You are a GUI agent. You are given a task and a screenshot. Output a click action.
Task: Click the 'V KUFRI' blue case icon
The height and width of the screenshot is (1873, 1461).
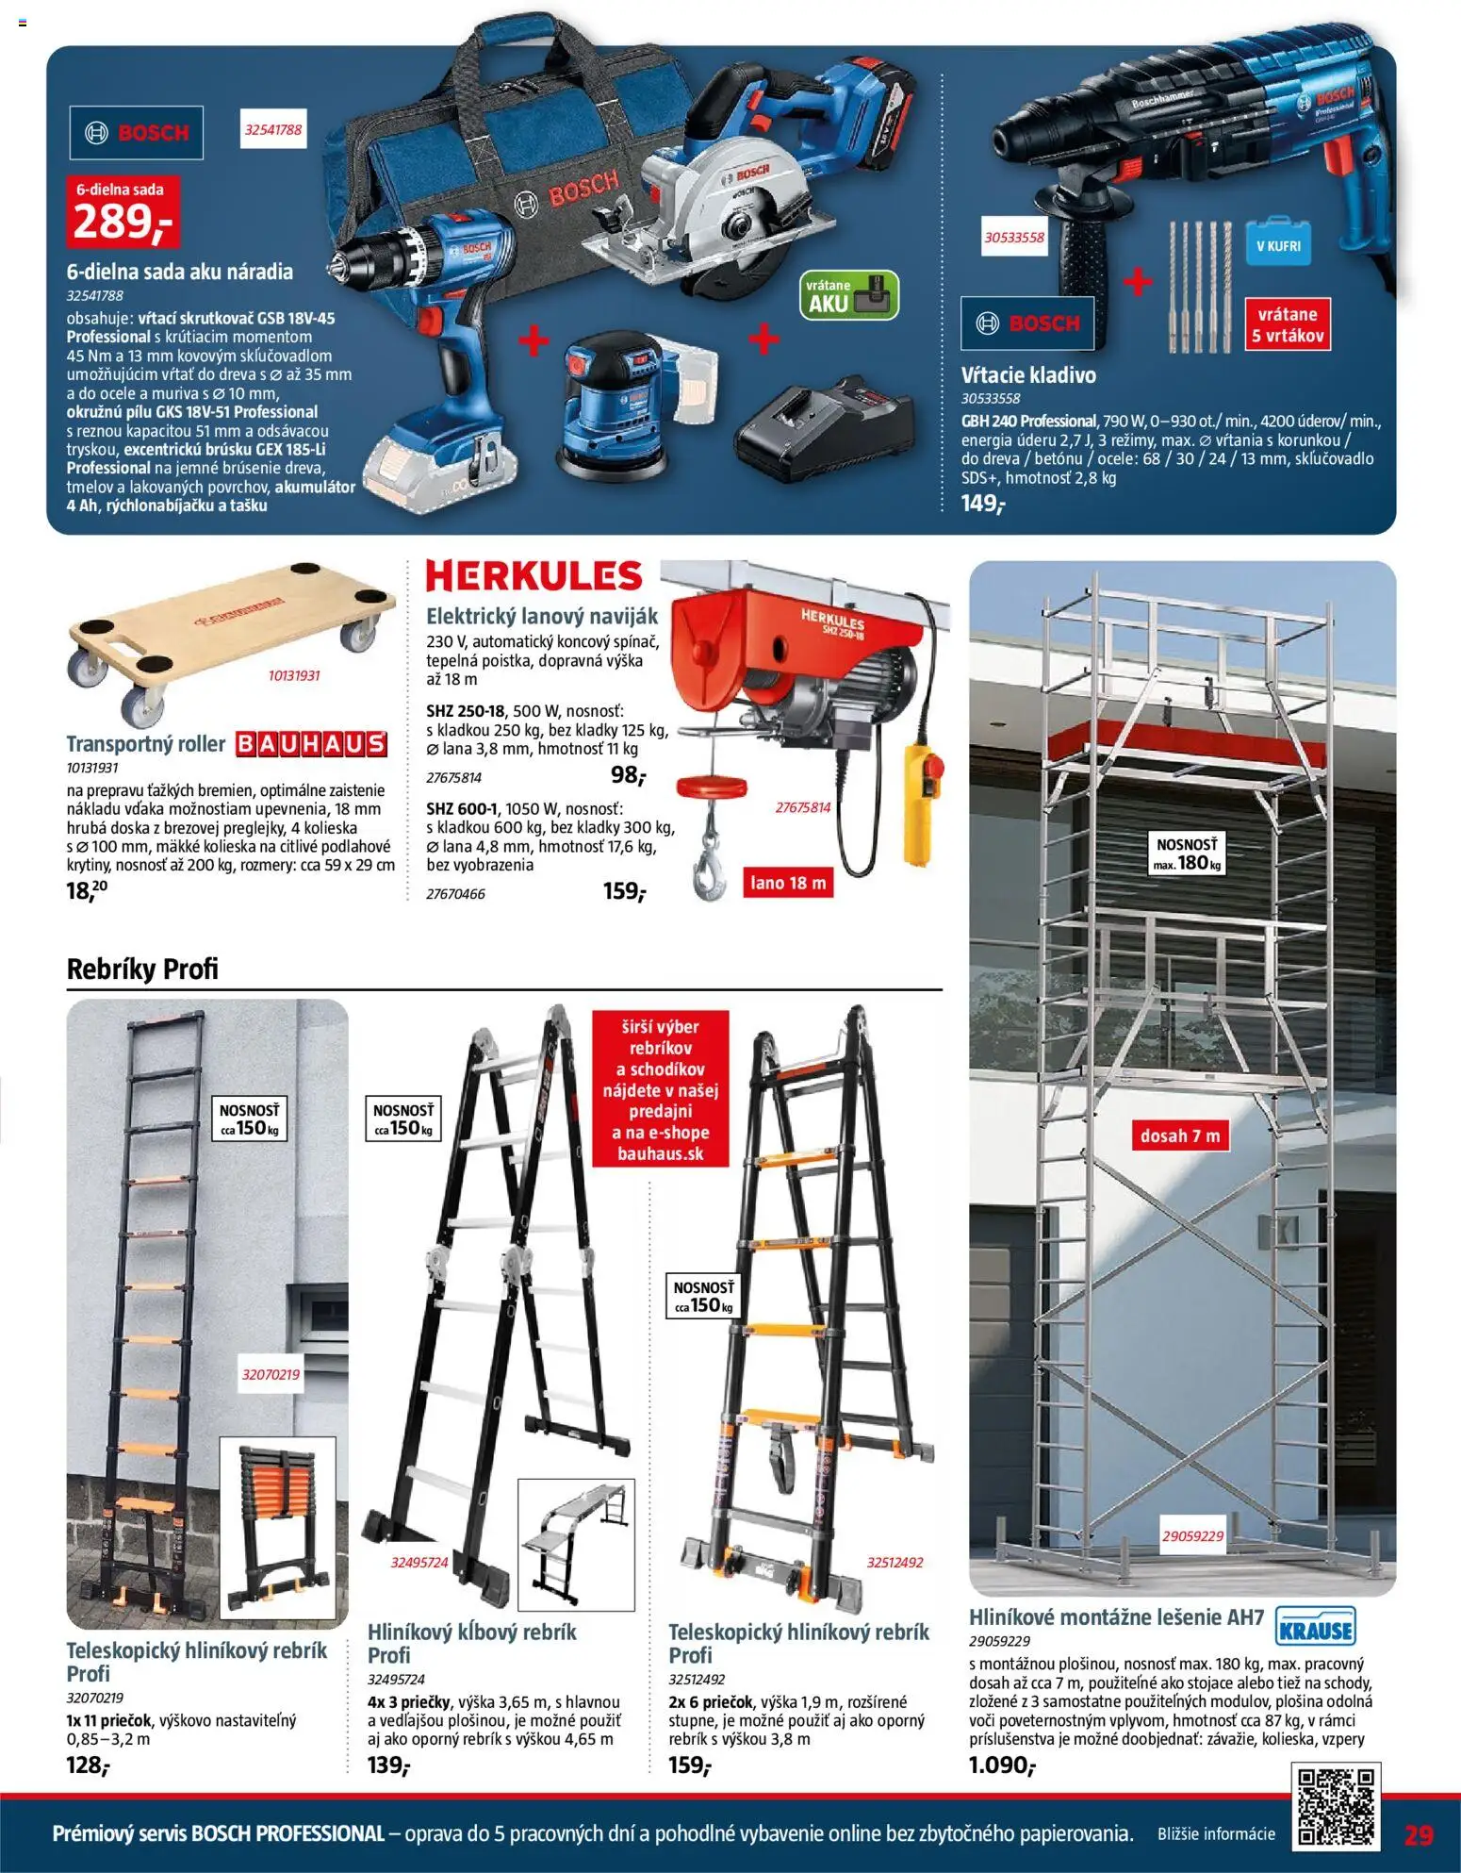coord(1277,246)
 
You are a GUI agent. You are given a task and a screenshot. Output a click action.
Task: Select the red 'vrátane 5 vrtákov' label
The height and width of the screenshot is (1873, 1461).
coord(1288,324)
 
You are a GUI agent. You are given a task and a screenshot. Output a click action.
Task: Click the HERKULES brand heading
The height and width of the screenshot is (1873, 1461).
coord(534,575)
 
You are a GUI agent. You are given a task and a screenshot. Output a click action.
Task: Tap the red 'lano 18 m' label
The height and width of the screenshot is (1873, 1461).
coord(788,884)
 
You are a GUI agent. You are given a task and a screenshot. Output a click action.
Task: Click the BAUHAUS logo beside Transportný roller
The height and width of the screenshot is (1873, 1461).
coord(311,744)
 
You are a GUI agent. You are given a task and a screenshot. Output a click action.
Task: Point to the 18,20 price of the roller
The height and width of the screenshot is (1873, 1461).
coord(87,889)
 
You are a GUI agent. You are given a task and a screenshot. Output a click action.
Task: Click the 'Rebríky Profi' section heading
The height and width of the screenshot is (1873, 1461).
coord(142,969)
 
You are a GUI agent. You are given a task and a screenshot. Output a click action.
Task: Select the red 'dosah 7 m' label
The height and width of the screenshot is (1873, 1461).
coord(1180,1135)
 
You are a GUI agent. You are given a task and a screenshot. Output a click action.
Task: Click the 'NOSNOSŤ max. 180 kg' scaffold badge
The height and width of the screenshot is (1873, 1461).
coord(1187,854)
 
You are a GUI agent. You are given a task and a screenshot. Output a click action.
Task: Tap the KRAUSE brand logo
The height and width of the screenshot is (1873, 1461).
coord(1315,1626)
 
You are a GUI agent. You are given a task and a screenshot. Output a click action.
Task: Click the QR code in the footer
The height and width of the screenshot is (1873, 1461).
coord(1336,1807)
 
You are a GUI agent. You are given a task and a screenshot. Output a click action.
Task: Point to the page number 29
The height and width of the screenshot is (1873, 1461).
coord(1419,1834)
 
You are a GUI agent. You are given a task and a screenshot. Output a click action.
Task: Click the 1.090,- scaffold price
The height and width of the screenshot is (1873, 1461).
coord(1002,1765)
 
